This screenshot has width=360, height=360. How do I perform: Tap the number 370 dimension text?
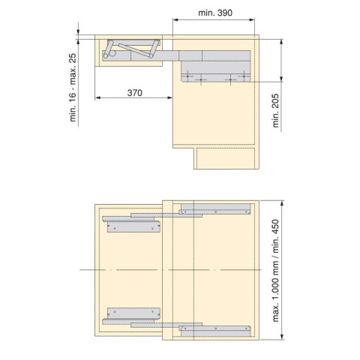coord(134,92)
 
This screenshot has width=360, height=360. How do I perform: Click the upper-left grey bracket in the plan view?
coord(133,224)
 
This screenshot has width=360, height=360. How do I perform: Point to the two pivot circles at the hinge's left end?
coord(109,52)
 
